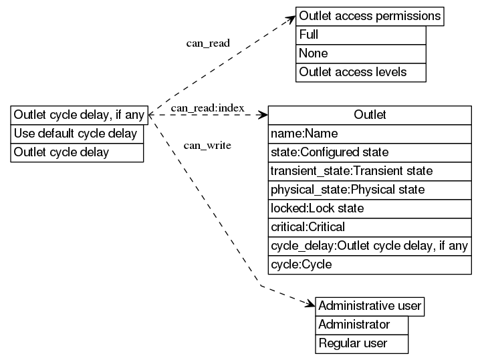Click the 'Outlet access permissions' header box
370,16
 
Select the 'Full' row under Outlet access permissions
360,35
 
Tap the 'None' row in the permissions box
360,53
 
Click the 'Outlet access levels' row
360,72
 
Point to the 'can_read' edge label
208,43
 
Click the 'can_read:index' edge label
207,108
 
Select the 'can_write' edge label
207,145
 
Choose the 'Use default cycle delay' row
77,134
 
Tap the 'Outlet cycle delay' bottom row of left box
77,152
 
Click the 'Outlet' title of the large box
370,115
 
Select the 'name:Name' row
370,134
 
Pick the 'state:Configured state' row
370,152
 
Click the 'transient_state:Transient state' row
370,171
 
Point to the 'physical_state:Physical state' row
370,190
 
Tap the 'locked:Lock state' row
370,208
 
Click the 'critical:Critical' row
370,227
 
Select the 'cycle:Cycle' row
370,264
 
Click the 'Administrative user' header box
370,307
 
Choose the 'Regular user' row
362,344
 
